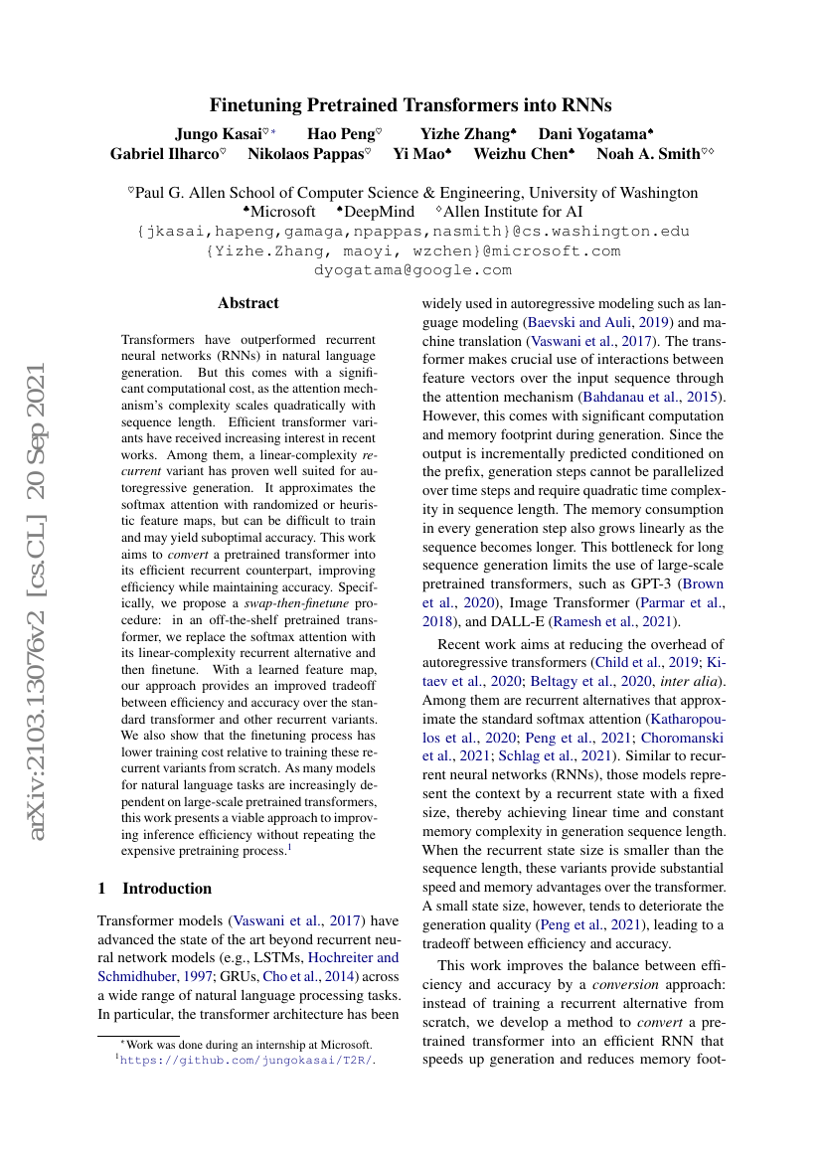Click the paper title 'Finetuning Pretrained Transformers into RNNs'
pyautogui.click(x=411, y=104)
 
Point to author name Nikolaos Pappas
pyautogui.click(x=309, y=154)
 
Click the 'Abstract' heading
pyautogui.click(x=248, y=303)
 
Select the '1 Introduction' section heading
pyautogui.click(x=155, y=889)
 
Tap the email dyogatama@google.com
pyautogui.click(x=412, y=269)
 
